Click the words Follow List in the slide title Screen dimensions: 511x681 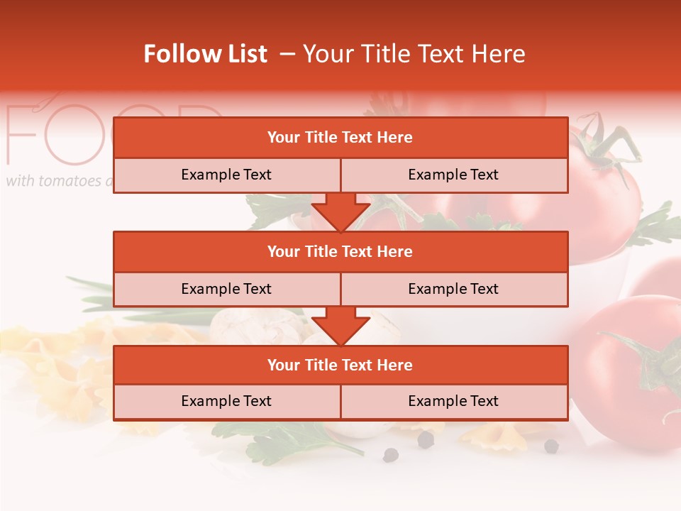pos(205,54)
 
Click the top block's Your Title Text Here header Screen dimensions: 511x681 pos(340,138)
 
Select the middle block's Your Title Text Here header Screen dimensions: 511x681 pos(340,251)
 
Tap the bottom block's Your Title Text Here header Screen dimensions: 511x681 pos(340,365)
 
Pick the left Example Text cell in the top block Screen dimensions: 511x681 pos(226,175)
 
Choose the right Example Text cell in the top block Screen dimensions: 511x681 pos(453,175)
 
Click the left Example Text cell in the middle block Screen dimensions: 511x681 pos(226,289)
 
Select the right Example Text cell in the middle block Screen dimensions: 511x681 pos(453,289)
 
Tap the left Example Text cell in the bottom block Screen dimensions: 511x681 pos(226,401)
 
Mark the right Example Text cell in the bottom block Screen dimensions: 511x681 pos(453,401)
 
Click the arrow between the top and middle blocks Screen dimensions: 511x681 pos(340,212)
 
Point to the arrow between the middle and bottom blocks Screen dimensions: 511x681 pos(340,326)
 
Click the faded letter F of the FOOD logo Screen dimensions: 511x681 pos(21,135)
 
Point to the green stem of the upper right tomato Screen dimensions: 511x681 pos(603,145)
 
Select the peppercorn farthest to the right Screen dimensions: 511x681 pos(551,446)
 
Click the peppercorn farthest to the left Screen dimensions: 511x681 pos(390,455)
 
